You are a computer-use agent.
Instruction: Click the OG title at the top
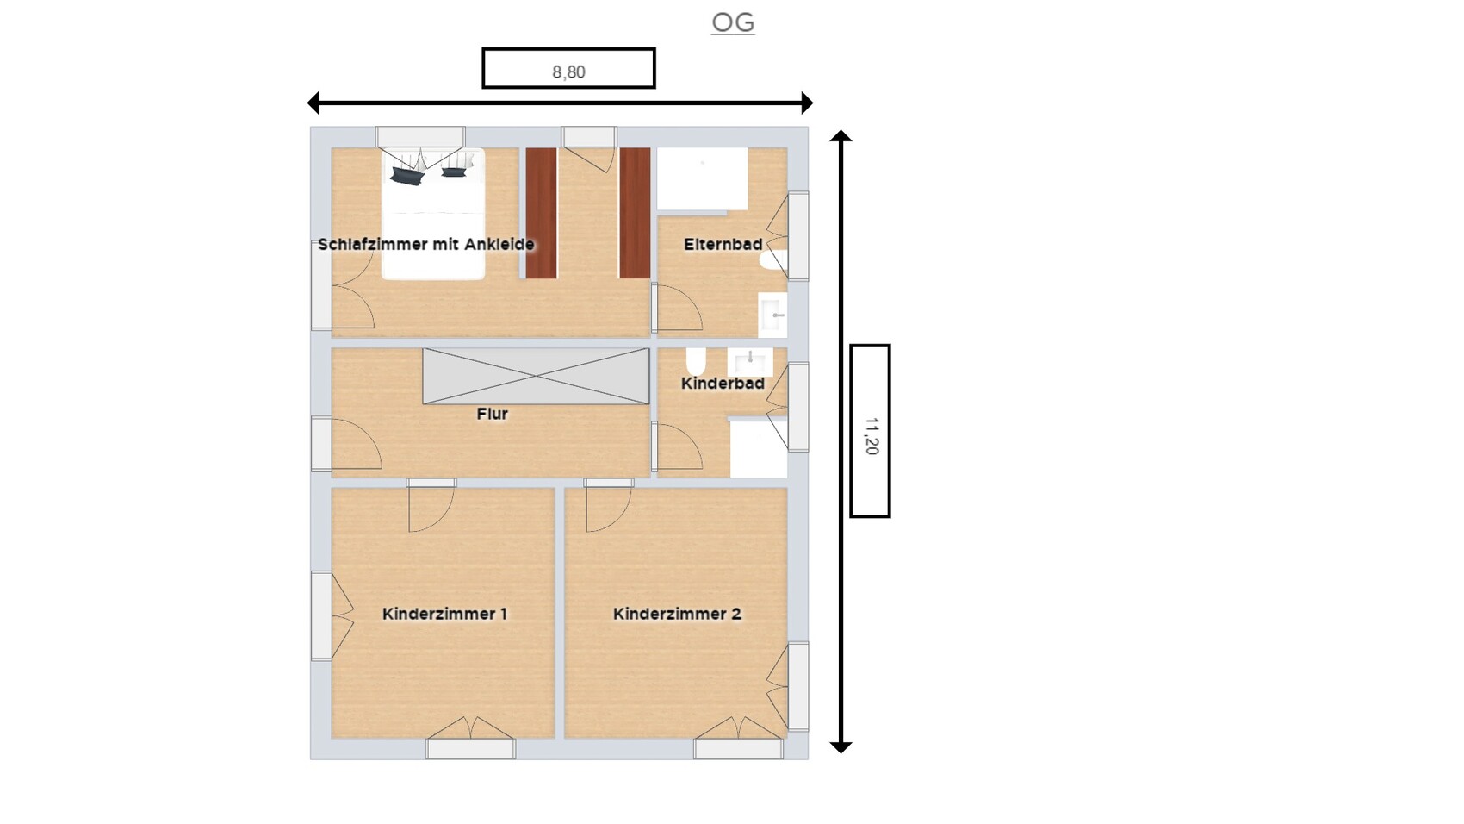[733, 23]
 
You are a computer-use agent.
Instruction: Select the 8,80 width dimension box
[568, 68]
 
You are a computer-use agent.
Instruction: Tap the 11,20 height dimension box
[870, 431]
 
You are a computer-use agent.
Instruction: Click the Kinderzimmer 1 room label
[444, 614]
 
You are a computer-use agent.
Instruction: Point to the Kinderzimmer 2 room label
[677, 614]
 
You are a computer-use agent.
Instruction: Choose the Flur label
[492, 414]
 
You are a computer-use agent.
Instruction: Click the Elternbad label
[723, 245]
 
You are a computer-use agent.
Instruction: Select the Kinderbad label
[723, 384]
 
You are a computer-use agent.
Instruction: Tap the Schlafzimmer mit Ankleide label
[426, 245]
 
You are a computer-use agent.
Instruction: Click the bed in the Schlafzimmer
[433, 214]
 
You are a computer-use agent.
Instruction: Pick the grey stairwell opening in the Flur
[536, 376]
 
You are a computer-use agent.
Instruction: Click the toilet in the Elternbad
[773, 259]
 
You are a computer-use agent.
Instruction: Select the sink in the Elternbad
[772, 315]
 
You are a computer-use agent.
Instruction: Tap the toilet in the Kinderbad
[696, 361]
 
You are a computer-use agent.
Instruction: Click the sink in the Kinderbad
[750, 362]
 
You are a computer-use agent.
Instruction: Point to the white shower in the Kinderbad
[758, 448]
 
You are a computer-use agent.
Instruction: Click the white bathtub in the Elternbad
[703, 179]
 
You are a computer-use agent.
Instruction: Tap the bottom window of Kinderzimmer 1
[470, 749]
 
